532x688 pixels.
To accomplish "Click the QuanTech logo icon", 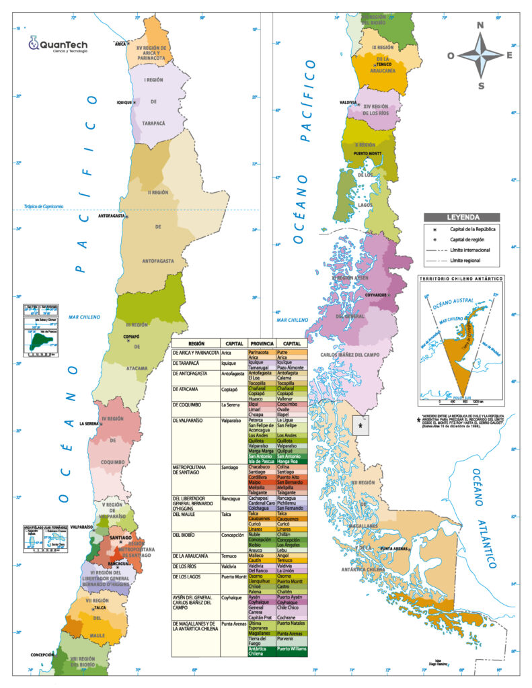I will (33, 44).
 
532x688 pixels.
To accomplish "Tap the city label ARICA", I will (120, 44).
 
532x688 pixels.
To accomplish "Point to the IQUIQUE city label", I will (124, 102).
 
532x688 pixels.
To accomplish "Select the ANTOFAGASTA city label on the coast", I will (112, 216).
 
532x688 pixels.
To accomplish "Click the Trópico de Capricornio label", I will (44, 206).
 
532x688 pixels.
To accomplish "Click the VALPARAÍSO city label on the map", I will (79, 527).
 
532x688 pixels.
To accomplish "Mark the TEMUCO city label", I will (384, 64).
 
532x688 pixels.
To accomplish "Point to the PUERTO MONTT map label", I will (363, 153).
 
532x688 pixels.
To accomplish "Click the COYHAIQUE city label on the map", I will (375, 294).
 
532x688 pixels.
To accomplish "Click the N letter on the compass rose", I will (480, 26).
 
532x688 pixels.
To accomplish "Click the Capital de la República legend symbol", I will (435, 229).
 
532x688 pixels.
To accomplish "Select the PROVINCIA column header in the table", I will (262, 342).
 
